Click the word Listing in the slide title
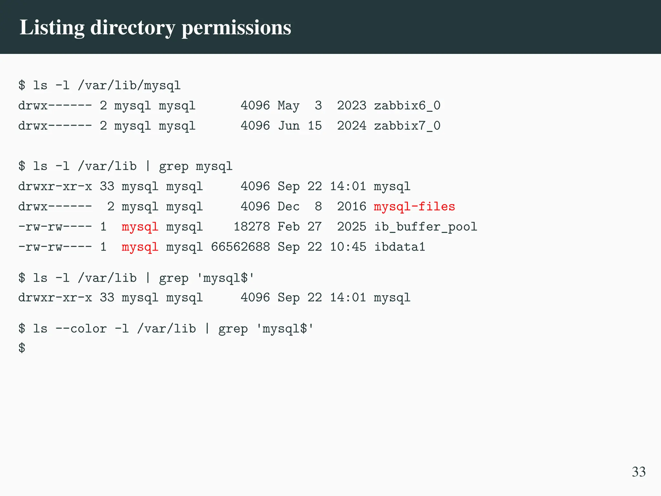point(52,28)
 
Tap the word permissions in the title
point(236,28)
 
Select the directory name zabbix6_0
point(407,106)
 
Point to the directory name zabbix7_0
point(407,126)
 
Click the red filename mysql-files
point(414,207)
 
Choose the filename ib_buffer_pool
point(425,227)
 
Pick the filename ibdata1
point(400,247)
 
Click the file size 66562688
point(240,247)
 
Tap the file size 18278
point(252,227)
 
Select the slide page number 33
point(638,472)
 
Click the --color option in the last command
point(81,329)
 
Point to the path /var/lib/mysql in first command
point(129,86)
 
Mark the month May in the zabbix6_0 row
point(289,106)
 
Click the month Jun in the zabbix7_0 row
point(289,126)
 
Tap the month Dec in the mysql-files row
point(289,207)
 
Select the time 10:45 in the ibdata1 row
point(348,247)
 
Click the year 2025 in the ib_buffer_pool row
point(352,227)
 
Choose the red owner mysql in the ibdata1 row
point(140,247)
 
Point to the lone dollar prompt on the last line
point(22,348)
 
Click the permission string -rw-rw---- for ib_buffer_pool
point(55,227)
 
